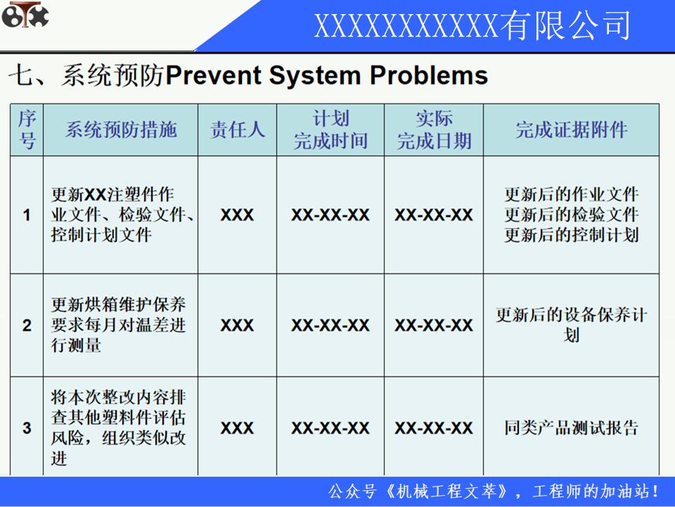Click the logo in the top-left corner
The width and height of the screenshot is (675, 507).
[x=25, y=15]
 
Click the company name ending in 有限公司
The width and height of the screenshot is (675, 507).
[x=472, y=26]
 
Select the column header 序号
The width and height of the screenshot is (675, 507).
[x=27, y=129]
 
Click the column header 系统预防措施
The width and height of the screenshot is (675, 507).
[x=121, y=130]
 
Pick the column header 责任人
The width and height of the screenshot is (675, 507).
[x=238, y=130]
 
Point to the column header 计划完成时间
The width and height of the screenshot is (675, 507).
[x=330, y=130]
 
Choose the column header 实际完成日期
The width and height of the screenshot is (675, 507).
[x=434, y=130]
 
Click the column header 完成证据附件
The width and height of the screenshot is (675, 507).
[x=571, y=130]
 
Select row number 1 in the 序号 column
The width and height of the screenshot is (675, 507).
[x=27, y=215]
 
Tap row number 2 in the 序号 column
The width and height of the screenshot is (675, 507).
[x=27, y=325]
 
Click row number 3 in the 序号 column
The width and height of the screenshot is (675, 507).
[x=27, y=427]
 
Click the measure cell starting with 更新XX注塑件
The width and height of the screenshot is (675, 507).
[x=121, y=215]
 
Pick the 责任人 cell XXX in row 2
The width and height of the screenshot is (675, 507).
[x=237, y=325]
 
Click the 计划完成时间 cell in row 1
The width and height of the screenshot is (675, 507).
[x=330, y=215]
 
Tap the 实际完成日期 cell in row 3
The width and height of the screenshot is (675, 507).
[x=434, y=427]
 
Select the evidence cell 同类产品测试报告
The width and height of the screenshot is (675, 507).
[x=571, y=427]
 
